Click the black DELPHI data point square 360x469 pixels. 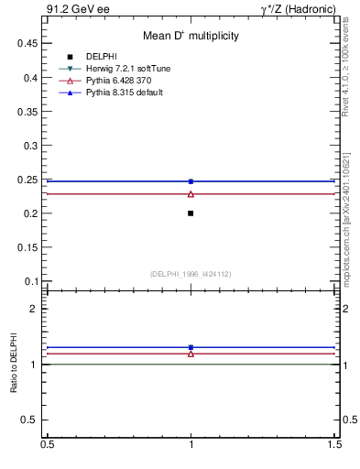pyautogui.click(x=191, y=213)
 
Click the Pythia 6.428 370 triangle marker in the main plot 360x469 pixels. pyautogui.click(x=191, y=194)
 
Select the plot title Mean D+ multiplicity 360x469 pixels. pyautogui.click(x=191, y=36)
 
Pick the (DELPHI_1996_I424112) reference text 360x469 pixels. pyautogui.click(x=191, y=273)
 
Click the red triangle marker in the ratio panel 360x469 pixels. pyautogui.click(x=191, y=353)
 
